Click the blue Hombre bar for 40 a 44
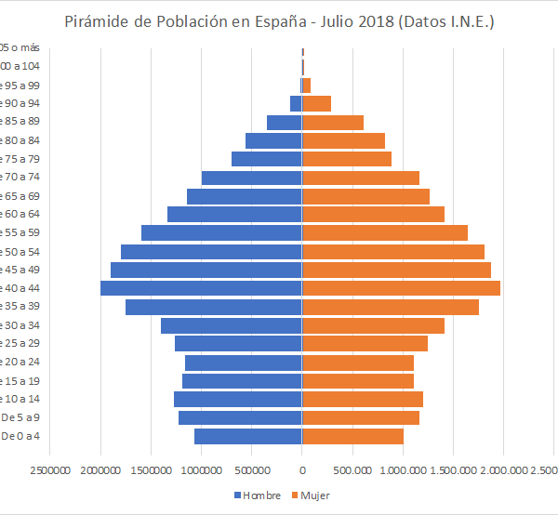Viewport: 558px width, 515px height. click(x=201, y=288)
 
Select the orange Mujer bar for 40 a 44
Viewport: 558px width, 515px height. click(x=401, y=288)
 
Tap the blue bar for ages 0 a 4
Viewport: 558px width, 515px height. click(x=247, y=436)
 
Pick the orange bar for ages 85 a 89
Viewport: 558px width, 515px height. click(x=333, y=122)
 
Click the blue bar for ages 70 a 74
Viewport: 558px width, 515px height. click(x=251, y=178)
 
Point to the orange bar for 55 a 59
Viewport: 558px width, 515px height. click(x=385, y=232)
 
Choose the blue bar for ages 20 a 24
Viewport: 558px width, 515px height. click(x=243, y=363)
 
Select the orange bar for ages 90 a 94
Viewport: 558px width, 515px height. click(x=316, y=103)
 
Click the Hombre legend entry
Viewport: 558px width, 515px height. click(x=256, y=495)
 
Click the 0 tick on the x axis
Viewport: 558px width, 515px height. click(x=301, y=470)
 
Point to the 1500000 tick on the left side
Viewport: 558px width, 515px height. click(x=151, y=470)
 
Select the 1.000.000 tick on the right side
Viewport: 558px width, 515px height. click(x=402, y=470)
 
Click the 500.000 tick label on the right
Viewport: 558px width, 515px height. click(x=352, y=470)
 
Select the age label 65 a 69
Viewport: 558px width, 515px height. click(x=19, y=196)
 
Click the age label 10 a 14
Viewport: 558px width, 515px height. click(x=19, y=399)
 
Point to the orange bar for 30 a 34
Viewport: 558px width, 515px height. click(x=373, y=325)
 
